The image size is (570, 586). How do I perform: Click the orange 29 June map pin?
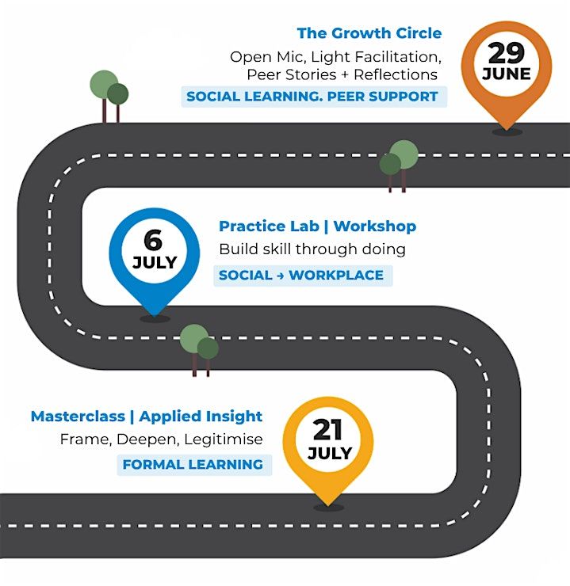pos(507,74)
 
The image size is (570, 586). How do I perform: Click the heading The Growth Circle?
pos(369,33)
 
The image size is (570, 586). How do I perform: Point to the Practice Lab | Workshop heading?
pos(318,226)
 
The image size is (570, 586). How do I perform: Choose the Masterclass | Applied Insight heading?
pos(147,417)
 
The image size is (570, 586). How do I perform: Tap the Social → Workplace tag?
pos(303,276)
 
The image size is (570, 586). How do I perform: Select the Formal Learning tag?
pos(194,465)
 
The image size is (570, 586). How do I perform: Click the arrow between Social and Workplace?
pos(281,276)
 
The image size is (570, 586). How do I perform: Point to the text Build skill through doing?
pos(312,249)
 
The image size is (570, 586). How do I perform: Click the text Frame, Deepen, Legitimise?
pos(161,439)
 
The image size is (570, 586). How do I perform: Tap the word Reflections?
pos(396,74)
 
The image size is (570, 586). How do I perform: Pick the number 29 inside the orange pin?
pos(506,53)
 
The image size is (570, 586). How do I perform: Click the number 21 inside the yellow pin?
pos(327,430)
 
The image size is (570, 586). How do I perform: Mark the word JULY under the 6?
pos(155,263)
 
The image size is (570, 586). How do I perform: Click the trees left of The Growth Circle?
pos(109,96)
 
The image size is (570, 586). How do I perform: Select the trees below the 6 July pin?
pos(199,350)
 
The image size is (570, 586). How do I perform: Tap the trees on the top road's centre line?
pos(399,166)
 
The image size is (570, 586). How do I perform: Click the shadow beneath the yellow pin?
pos(328,508)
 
